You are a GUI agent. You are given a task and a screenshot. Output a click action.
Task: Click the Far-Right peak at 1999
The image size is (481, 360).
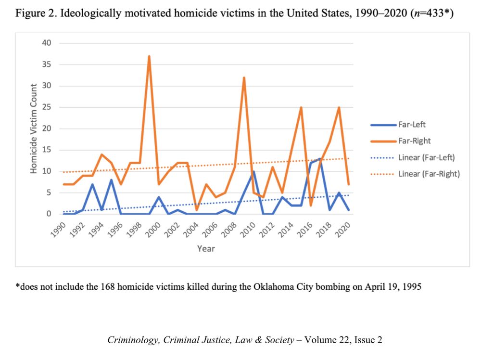tap(149, 56)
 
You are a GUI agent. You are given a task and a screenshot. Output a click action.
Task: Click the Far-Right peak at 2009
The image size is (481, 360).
tap(244, 77)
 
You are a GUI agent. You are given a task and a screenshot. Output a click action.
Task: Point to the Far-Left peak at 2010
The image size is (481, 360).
tap(253, 171)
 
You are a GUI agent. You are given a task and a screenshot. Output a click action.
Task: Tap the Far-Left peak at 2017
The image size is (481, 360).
tap(320, 158)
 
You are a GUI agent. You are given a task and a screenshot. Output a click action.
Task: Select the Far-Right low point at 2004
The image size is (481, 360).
tap(197, 209)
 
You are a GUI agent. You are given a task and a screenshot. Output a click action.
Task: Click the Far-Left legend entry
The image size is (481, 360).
tap(412, 125)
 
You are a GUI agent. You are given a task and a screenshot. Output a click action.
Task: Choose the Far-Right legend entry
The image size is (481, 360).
tap(414, 141)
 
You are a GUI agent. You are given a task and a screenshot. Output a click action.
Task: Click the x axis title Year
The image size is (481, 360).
tap(205, 249)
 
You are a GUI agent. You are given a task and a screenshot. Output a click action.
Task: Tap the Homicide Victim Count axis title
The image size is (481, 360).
tap(34, 129)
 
